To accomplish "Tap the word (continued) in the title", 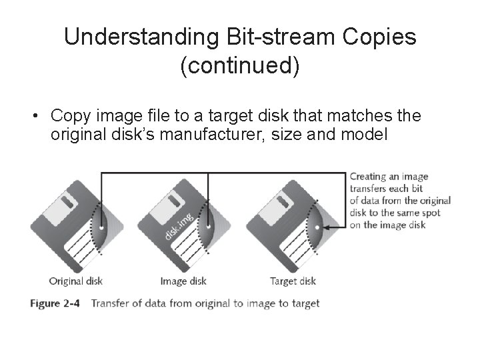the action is (240, 67).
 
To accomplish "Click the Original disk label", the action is (76, 281).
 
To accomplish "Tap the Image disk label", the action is (183, 281).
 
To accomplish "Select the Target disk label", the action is (293, 281).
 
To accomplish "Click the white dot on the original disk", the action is (101, 227).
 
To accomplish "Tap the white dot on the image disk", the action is (209, 227).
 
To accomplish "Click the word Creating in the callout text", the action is (368, 177).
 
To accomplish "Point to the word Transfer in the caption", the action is (110, 303).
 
